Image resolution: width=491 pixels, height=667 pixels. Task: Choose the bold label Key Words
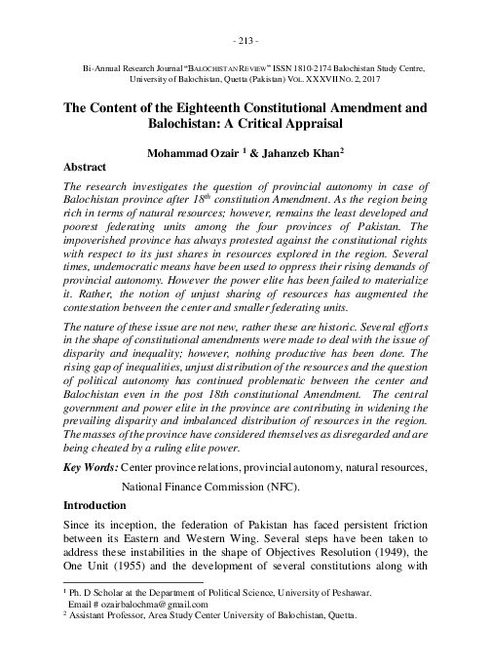[91, 469]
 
